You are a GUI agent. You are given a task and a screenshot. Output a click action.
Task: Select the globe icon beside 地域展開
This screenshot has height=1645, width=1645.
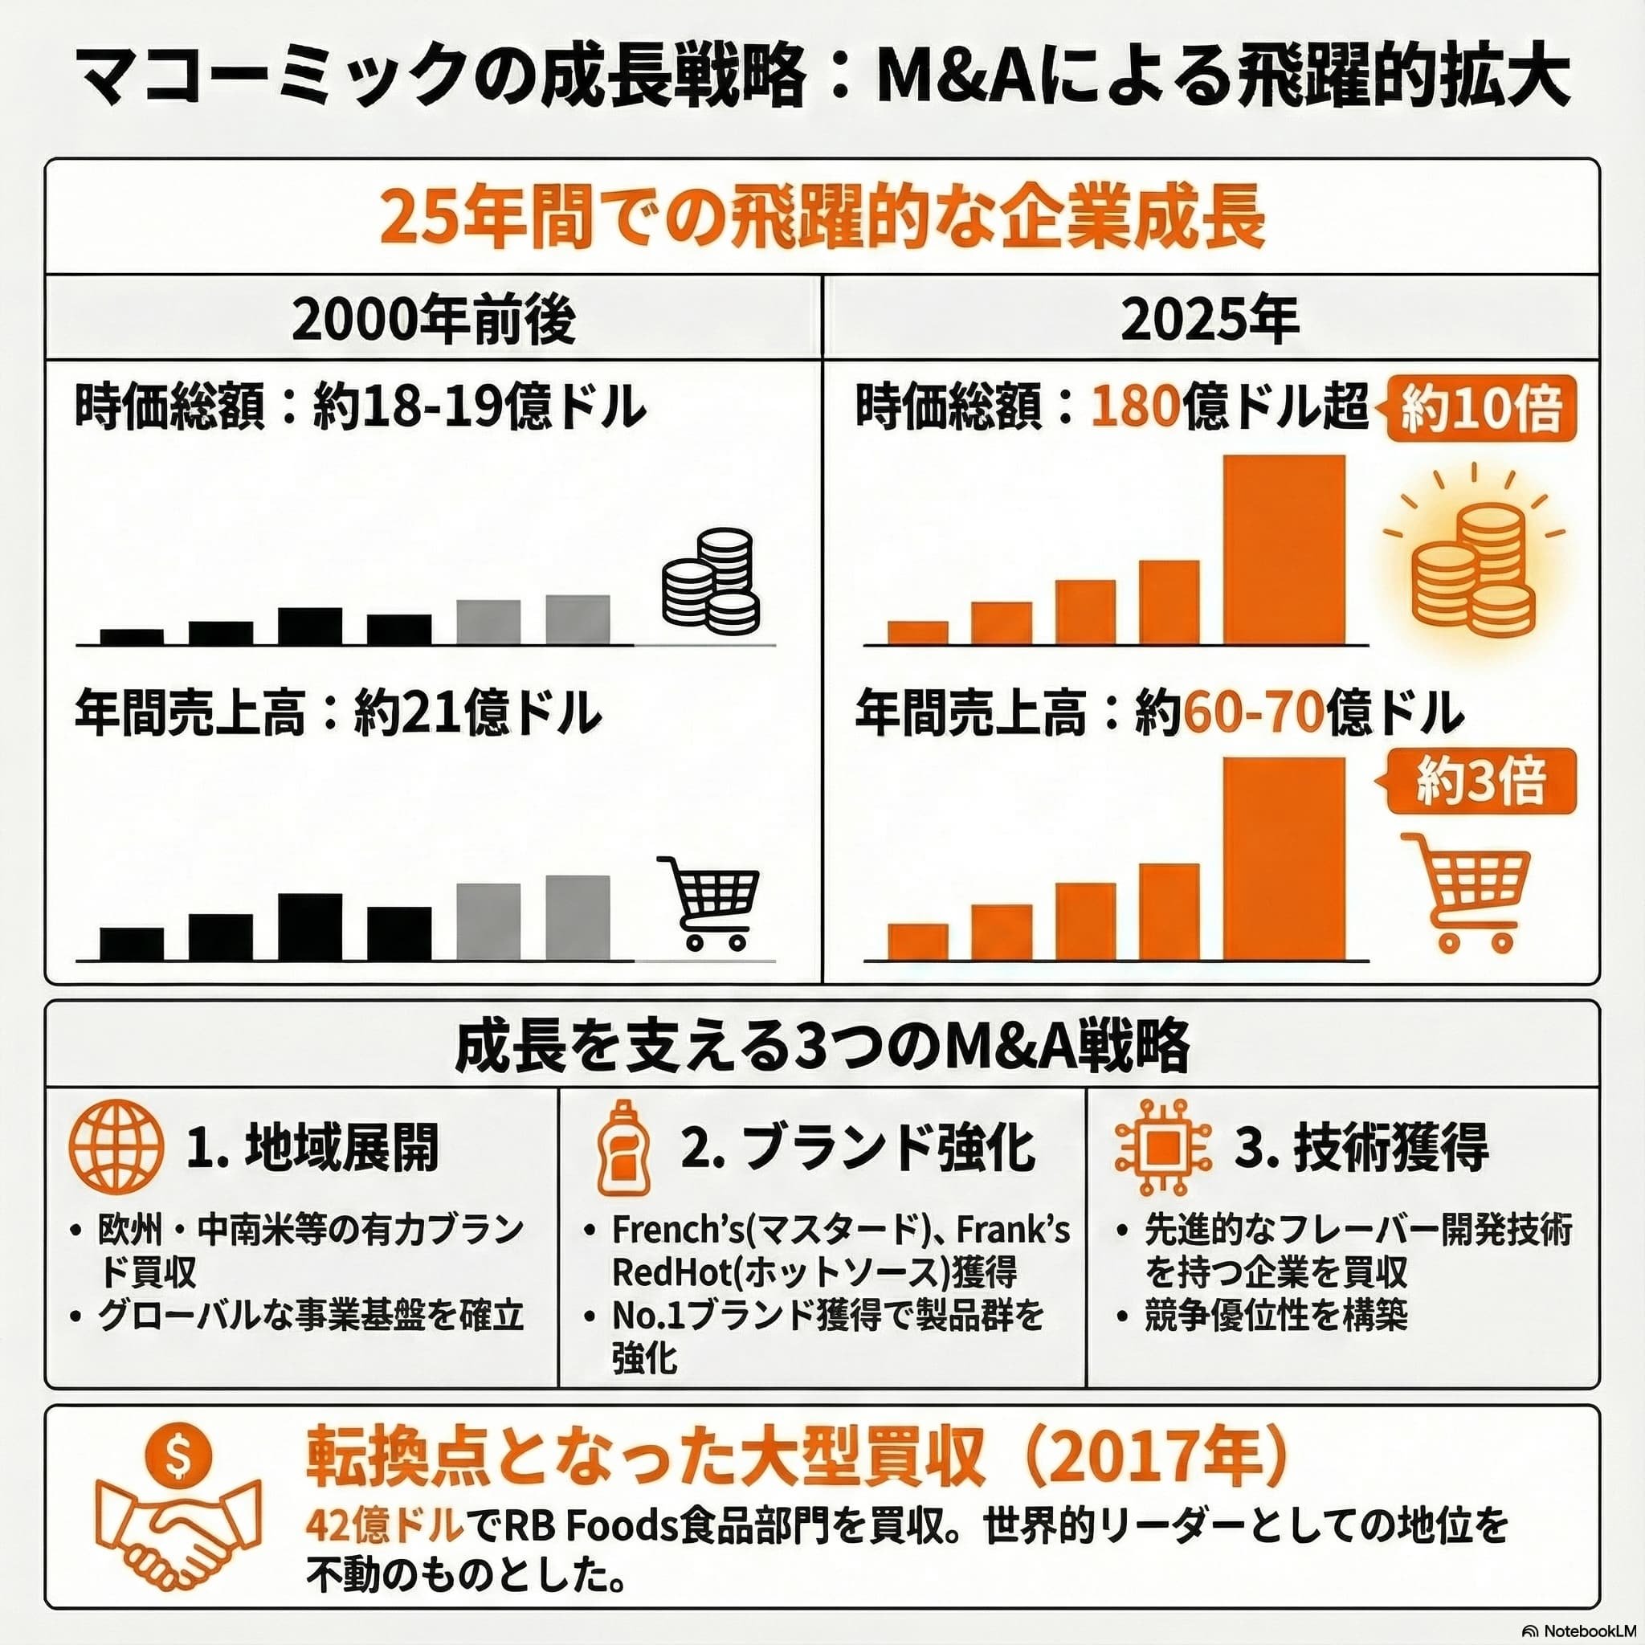point(115,1147)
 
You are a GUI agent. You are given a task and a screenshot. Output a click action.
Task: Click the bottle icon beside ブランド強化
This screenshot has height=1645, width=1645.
point(623,1146)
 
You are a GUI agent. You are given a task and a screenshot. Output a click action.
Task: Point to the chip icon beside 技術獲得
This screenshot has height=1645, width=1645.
point(1162,1146)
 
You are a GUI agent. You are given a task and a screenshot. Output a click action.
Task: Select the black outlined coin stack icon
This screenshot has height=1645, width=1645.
point(711,579)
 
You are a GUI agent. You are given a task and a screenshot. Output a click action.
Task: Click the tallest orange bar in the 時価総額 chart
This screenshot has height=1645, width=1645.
point(1284,550)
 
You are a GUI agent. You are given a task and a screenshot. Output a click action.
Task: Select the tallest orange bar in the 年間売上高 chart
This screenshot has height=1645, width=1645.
point(1284,859)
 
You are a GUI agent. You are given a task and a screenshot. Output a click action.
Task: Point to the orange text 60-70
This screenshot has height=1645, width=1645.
point(1251,713)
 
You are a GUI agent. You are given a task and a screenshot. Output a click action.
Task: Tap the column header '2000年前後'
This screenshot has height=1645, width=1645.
point(434,320)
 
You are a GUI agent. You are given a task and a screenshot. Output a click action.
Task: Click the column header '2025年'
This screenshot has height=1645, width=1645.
point(1210,320)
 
